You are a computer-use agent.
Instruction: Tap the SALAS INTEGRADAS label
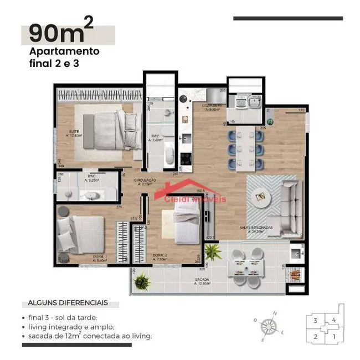click(256, 229)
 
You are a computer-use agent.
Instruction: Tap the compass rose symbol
click(271, 325)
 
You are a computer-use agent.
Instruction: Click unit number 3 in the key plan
click(315, 320)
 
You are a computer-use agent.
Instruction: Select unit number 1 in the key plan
click(333, 336)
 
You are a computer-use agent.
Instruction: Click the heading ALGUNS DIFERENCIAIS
click(68, 304)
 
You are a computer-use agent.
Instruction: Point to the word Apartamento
click(64, 52)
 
